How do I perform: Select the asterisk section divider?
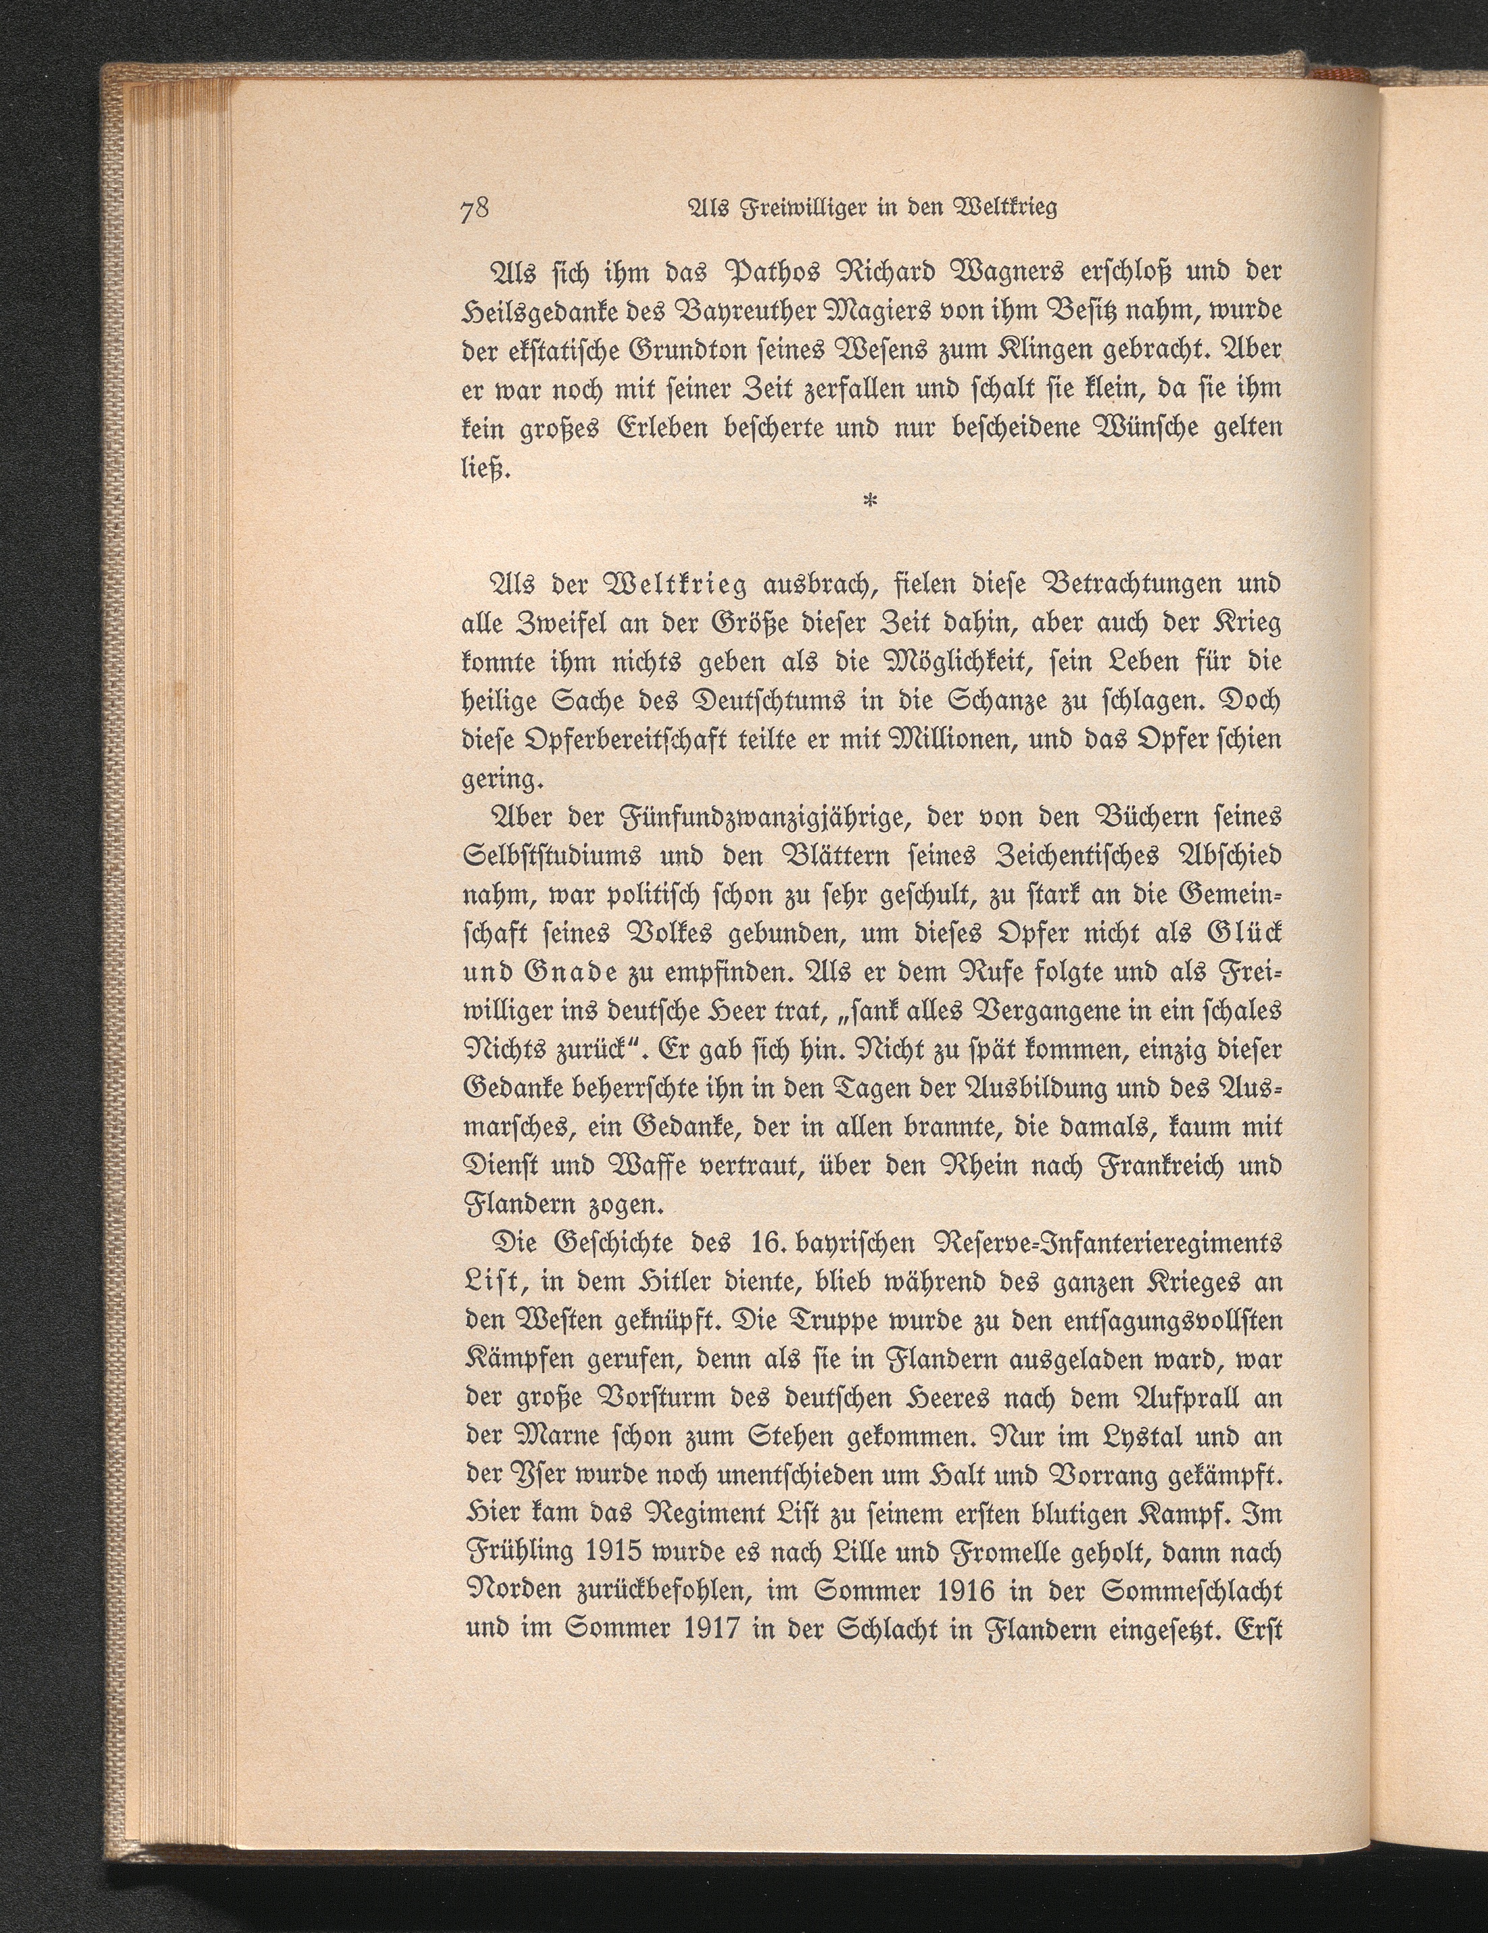(x=870, y=502)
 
